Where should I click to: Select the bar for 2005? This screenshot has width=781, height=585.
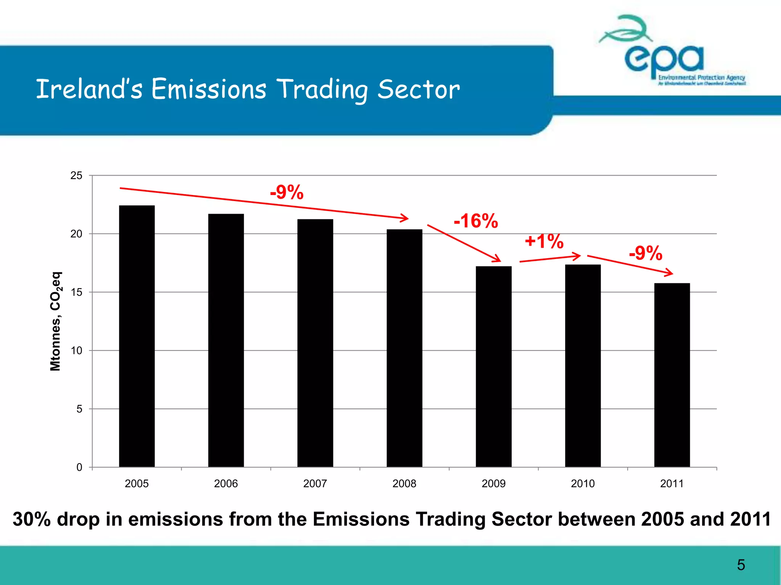(137, 335)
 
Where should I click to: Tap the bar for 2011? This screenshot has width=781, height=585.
(672, 375)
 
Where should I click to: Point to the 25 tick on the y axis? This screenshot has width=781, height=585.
(77, 176)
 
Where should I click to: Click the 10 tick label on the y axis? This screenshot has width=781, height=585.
(77, 351)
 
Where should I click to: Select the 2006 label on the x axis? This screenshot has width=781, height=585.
(226, 484)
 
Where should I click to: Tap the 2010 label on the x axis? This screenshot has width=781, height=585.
(583, 484)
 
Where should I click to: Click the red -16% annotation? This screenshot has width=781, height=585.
(476, 221)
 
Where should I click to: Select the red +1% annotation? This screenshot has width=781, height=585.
(544, 241)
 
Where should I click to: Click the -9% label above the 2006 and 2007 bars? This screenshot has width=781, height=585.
(287, 192)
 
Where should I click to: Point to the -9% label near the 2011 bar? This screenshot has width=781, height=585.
(646, 253)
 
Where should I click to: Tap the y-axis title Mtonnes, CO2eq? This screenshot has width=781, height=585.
(56, 321)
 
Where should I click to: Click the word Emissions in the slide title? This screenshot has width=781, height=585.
(209, 89)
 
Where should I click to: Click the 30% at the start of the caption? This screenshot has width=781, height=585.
(31, 519)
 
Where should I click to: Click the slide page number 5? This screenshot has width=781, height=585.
(741, 565)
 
